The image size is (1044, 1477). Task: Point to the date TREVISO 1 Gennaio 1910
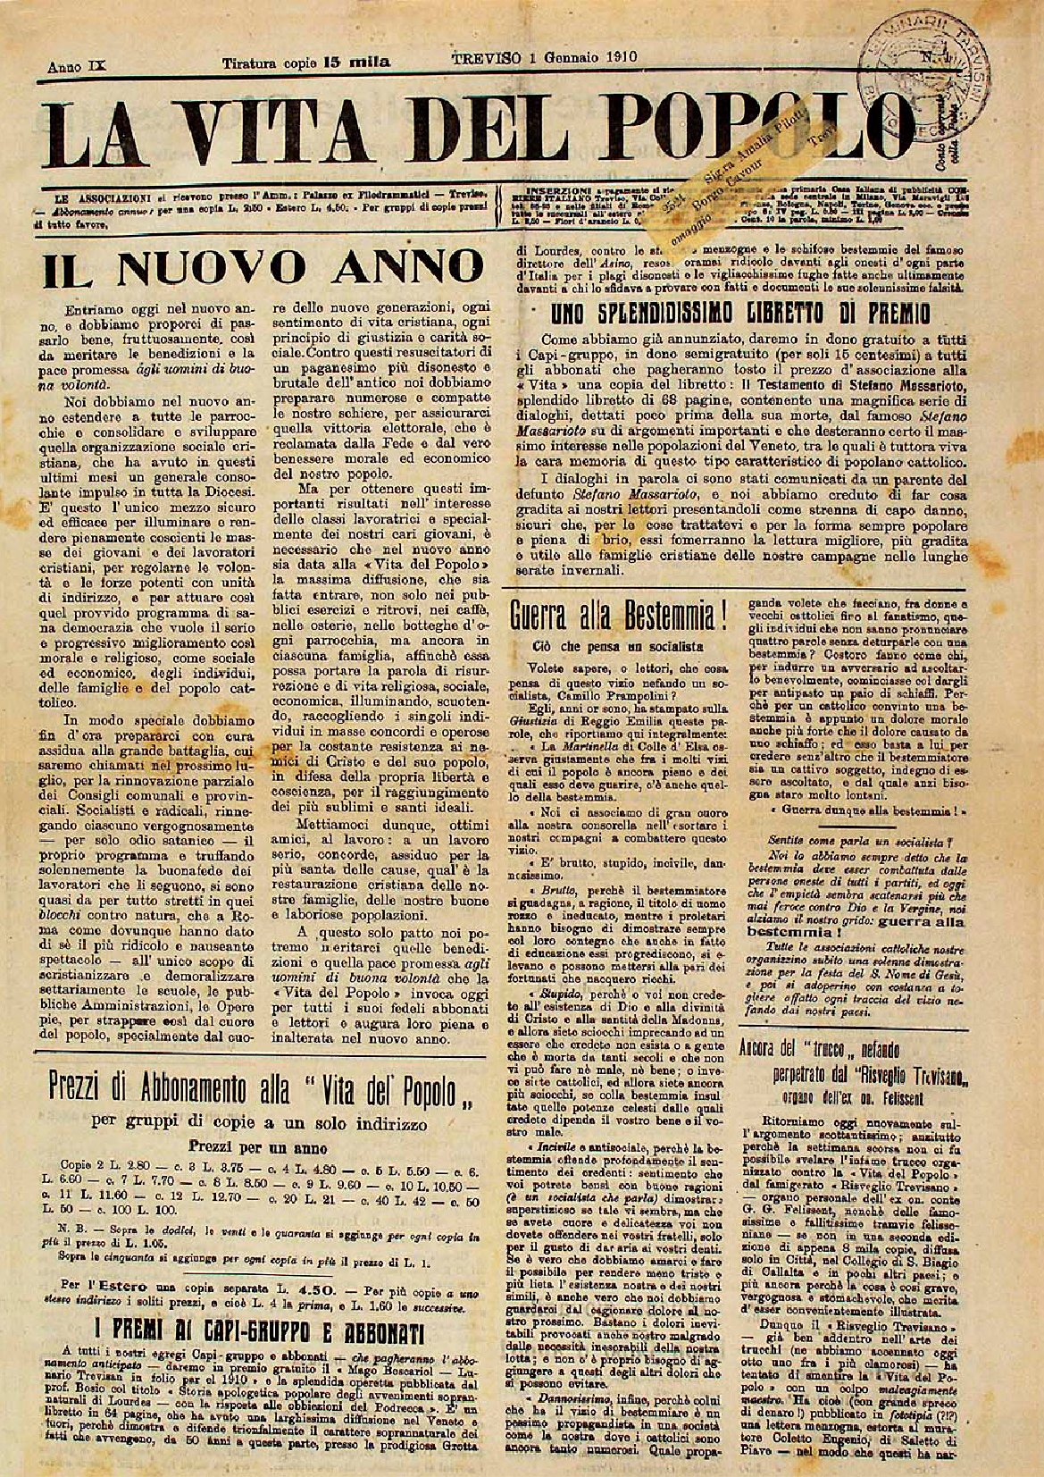click(543, 55)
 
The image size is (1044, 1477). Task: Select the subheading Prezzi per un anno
click(258, 1147)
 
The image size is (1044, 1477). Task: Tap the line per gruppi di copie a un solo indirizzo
click(259, 1121)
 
